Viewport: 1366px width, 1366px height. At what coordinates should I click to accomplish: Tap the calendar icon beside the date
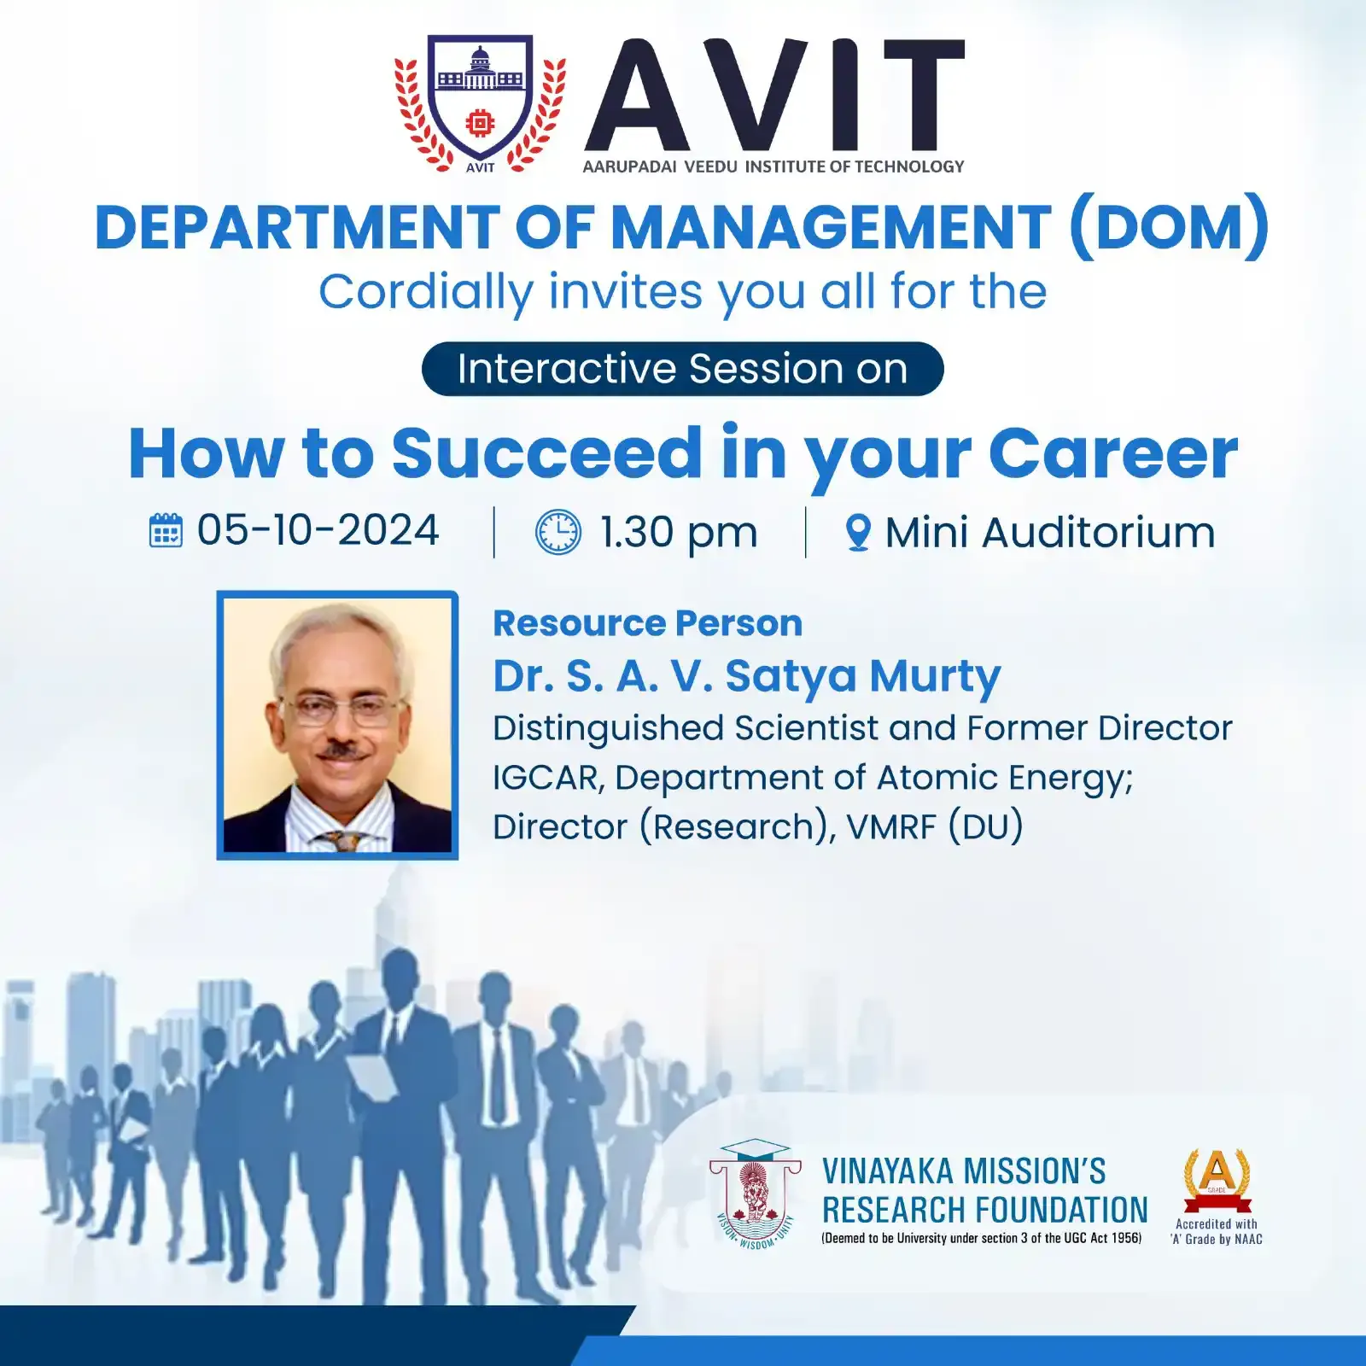[166, 530]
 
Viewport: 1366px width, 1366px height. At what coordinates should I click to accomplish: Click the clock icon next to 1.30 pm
[557, 532]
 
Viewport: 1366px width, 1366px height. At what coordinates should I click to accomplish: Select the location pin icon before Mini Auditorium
[857, 533]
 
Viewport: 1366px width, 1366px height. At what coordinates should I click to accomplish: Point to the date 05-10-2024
[318, 530]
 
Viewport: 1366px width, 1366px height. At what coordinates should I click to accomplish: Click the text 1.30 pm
[679, 533]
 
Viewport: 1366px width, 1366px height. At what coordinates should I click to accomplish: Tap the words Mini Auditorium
[1050, 533]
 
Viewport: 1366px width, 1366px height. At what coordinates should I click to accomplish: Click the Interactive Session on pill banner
[682, 369]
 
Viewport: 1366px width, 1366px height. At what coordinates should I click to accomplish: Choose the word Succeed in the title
[546, 453]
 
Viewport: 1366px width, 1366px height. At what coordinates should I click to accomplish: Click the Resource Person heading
[648, 623]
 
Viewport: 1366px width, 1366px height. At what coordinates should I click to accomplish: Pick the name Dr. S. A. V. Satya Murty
[747, 676]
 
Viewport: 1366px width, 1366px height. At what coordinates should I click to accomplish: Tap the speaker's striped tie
[341, 841]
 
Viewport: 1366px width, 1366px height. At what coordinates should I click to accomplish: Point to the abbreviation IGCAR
[547, 778]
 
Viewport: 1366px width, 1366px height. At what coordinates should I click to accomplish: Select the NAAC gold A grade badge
[1217, 1181]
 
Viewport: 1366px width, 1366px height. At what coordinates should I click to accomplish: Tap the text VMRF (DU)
[935, 827]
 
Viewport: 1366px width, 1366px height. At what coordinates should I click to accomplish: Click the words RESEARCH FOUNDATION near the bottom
[985, 1211]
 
